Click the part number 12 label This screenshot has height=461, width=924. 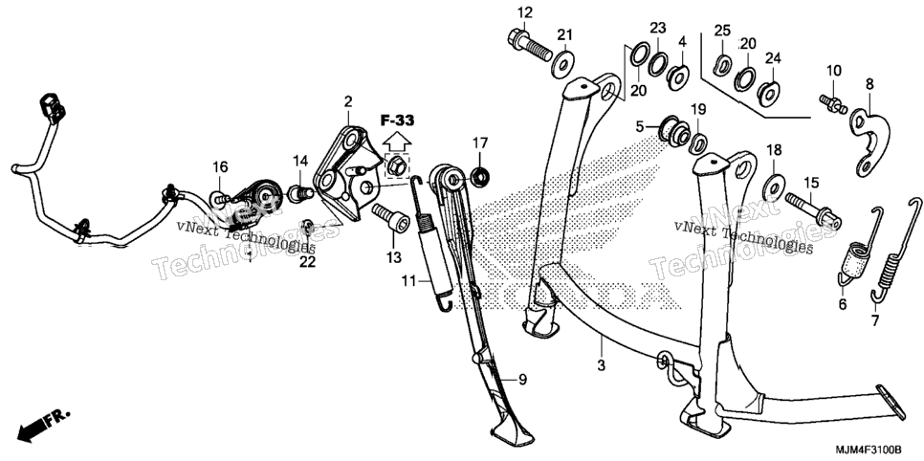[x=525, y=11]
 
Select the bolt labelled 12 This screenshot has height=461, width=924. [x=529, y=44]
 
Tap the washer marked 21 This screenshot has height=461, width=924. [x=564, y=63]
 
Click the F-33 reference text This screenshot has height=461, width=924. [x=397, y=121]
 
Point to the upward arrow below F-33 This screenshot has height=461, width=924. [x=397, y=142]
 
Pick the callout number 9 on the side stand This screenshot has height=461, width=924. [x=522, y=381]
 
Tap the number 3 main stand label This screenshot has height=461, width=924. [x=601, y=366]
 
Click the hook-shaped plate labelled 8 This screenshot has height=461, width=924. [x=869, y=143]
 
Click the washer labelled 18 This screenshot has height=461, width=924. [x=774, y=187]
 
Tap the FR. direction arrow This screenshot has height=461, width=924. [x=44, y=425]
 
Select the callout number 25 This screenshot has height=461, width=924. [x=722, y=30]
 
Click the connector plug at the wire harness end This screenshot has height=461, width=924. [x=52, y=107]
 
